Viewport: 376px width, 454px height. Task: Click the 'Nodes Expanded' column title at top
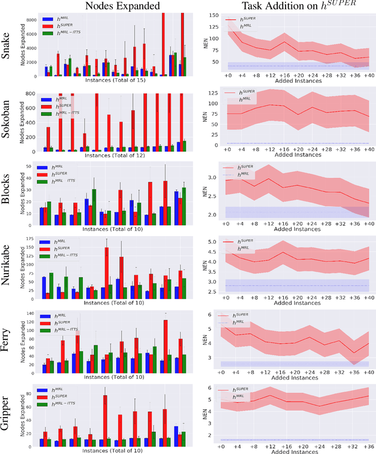tap(123, 7)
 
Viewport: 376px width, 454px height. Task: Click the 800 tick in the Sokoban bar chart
tap(35, 93)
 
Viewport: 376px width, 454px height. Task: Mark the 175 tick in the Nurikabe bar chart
tap(35, 240)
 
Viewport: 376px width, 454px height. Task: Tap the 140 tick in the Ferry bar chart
tap(35, 314)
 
